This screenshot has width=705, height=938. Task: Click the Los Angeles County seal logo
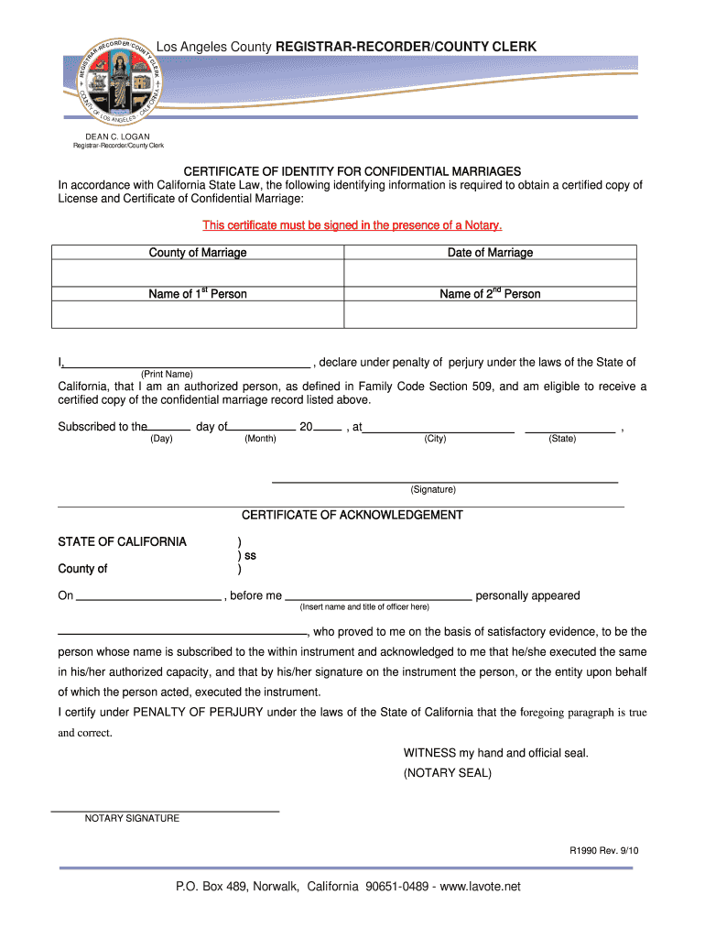click(118, 82)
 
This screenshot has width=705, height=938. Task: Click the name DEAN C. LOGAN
click(118, 136)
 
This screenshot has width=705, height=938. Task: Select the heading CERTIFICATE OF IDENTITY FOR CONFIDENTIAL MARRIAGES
click(352, 171)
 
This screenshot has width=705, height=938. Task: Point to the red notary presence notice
click(352, 225)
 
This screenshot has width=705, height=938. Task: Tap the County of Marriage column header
click(198, 253)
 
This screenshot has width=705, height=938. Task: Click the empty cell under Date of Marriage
click(490, 273)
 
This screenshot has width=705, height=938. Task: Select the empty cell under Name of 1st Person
click(198, 314)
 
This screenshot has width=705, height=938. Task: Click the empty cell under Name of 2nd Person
click(490, 314)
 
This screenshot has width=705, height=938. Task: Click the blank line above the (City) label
click(438, 431)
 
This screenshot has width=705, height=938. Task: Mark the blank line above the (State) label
click(569, 431)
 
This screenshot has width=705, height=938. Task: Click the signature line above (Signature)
click(444, 481)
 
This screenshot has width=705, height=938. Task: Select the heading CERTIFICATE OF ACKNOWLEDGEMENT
click(352, 515)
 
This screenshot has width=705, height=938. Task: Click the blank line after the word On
click(148, 598)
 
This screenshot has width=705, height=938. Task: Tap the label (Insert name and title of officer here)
click(364, 607)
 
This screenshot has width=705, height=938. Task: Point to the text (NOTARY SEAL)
click(448, 773)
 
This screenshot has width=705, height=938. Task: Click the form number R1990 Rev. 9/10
click(604, 850)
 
